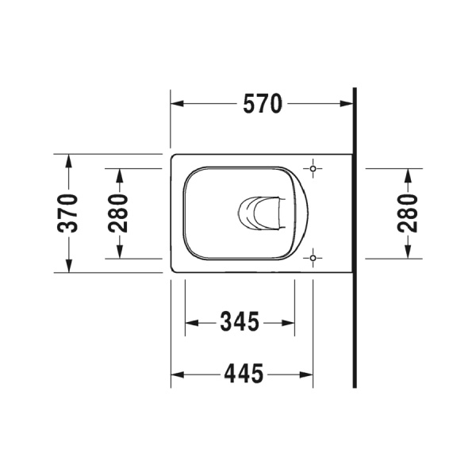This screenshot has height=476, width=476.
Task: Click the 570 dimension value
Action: click(x=262, y=104)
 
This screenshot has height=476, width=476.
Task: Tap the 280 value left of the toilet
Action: click(x=119, y=213)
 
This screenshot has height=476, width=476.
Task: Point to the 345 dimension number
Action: click(x=239, y=323)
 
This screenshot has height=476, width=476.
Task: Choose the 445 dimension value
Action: click(x=242, y=374)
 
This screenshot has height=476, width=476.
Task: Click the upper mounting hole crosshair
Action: click(x=314, y=169)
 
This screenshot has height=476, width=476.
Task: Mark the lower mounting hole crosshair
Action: click(x=314, y=257)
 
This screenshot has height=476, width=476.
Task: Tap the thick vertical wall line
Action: click(x=355, y=238)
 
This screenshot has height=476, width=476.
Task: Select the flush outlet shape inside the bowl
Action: click(x=259, y=213)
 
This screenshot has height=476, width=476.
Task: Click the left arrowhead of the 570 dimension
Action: click(x=178, y=104)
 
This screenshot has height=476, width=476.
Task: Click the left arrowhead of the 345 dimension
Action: click(x=190, y=323)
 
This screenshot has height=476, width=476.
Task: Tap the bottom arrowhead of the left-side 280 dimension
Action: click(x=119, y=252)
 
